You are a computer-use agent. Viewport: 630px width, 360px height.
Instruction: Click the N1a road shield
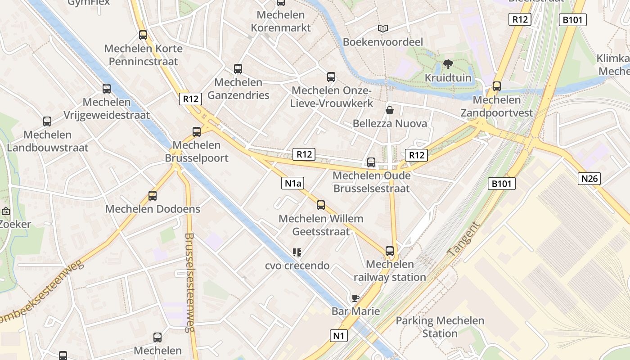(x=292, y=183)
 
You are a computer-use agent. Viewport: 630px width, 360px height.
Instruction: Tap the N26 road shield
(x=589, y=179)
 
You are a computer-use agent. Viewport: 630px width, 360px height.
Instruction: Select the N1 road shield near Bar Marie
(x=339, y=335)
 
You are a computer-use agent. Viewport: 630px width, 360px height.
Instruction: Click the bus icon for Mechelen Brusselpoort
(x=197, y=132)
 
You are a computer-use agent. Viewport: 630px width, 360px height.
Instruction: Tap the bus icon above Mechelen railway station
(x=390, y=251)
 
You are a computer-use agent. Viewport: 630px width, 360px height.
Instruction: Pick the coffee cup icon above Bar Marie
(x=355, y=298)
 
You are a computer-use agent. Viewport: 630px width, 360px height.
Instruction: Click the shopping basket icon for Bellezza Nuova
(x=390, y=110)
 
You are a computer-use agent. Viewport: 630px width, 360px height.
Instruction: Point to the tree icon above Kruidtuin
(x=448, y=64)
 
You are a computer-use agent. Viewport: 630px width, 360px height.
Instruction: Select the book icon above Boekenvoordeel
(x=383, y=29)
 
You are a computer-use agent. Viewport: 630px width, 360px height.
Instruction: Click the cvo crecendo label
(x=297, y=265)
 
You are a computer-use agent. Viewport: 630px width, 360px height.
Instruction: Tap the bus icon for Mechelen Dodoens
(x=153, y=196)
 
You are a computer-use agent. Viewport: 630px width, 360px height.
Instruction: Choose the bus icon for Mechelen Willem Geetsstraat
(x=321, y=205)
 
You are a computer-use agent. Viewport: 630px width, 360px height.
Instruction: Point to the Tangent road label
(x=463, y=239)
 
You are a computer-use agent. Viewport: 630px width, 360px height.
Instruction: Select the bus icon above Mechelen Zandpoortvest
(x=497, y=86)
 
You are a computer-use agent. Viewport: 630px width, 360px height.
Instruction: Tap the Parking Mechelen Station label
(x=440, y=327)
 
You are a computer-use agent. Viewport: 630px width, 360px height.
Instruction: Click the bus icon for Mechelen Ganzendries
(x=238, y=69)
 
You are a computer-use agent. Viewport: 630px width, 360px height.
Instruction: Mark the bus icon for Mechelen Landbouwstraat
(x=47, y=121)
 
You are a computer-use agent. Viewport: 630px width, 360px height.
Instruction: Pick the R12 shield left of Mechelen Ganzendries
(x=190, y=99)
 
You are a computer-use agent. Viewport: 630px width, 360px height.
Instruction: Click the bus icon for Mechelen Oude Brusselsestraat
(x=371, y=162)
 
